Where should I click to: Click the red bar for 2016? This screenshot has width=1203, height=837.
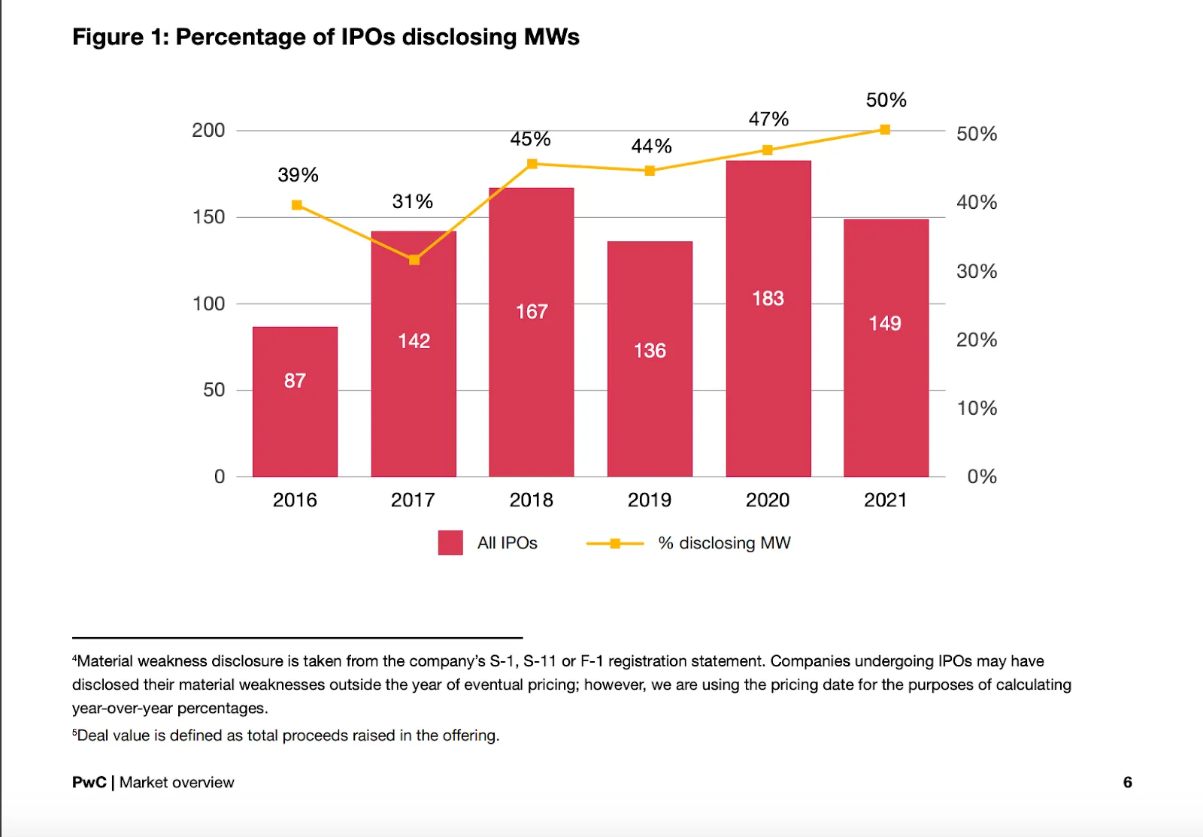point(295,421)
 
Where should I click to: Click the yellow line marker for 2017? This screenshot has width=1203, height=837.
point(414,260)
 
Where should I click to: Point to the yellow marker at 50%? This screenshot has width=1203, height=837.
point(885,130)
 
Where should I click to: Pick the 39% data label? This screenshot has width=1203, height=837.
point(298,175)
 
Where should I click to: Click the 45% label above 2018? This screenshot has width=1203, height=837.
point(530,139)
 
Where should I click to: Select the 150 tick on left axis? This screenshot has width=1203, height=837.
point(208,217)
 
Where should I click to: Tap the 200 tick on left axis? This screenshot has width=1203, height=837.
point(208,131)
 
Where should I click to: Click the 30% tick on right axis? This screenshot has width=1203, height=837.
point(976,271)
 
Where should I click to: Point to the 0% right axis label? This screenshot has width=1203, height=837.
point(981,476)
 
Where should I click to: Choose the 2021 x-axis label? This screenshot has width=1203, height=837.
point(885,500)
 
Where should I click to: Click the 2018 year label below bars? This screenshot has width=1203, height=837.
point(531,500)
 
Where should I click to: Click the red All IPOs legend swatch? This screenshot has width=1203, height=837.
point(450,542)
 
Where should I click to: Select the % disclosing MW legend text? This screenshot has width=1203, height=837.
point(724,543)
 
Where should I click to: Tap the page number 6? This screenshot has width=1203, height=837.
point(1127,782)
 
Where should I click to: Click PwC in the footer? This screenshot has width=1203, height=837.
point(89,782)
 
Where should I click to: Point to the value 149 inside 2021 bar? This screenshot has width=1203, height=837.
point(884,323)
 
